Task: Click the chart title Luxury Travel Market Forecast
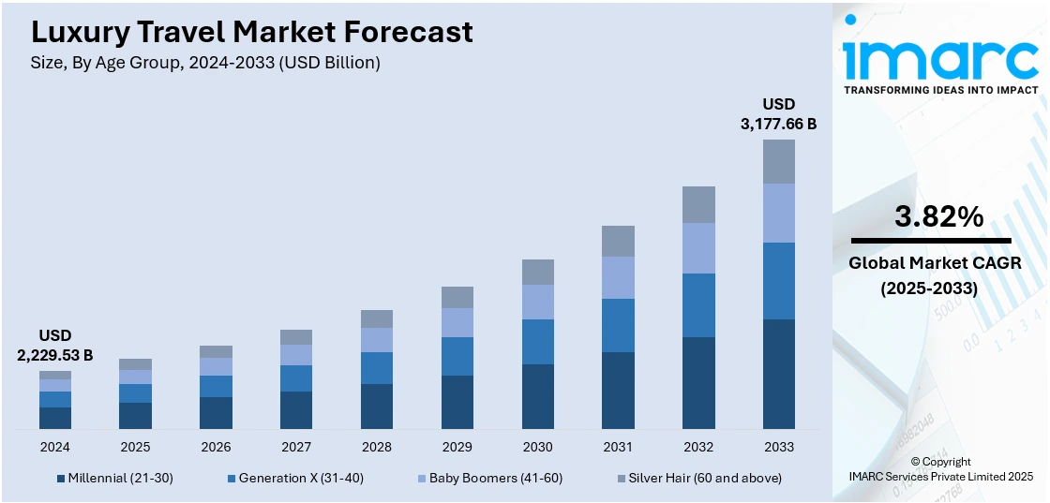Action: click(x=252, y=33)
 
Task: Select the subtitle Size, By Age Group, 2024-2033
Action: click(x=205, y=64)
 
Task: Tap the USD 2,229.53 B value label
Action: click(x=55, y=345)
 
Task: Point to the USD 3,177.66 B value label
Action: click(x=778, y=112)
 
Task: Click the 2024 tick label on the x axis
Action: click(x=55, y=447)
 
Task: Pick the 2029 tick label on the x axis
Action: click(x=457, y=447)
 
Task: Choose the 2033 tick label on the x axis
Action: click(x=779, y=447)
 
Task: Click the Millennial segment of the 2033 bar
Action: click(x=779, y=374)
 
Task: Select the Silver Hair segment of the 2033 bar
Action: click(x=779, y=161)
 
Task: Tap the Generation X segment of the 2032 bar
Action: click(x=698, y=305)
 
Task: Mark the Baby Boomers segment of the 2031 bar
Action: click(x=618, y=277)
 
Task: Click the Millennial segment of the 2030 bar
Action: click(x=538, y=396)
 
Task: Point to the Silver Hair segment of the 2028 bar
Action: click(x=377, y=318)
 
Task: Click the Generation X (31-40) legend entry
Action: click(x=294, y=478)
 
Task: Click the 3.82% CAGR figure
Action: click(x=939, y=217)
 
